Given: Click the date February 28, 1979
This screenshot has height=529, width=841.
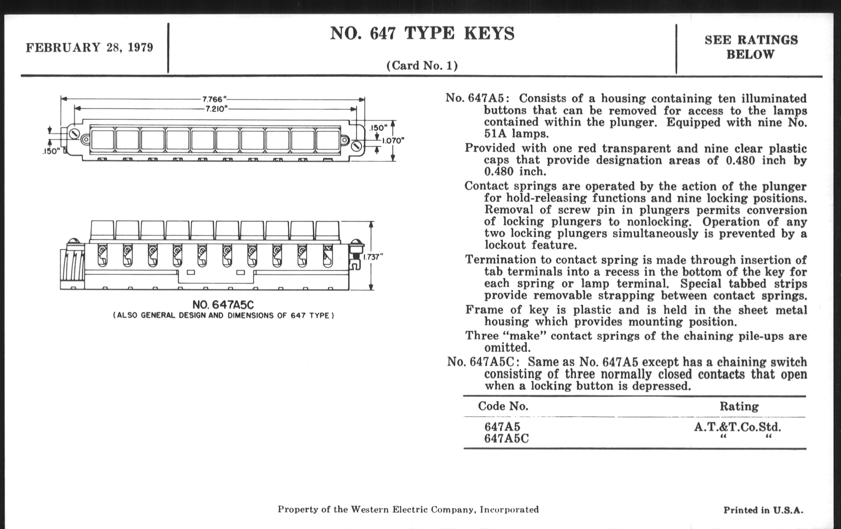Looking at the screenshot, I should (x=90, y=47).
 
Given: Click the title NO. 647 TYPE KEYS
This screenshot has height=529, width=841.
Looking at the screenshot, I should (x=422, y=34).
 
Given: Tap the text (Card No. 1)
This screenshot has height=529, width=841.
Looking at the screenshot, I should (x=422, y=65).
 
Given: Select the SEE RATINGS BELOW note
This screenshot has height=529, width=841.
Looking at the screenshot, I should (x=751, y=47).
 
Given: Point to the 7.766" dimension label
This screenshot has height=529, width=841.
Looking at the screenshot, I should (x=213, y=100).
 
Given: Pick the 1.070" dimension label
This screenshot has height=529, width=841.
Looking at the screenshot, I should (x=392, y=141).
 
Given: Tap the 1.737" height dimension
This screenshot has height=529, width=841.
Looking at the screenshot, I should (x=373, y=257).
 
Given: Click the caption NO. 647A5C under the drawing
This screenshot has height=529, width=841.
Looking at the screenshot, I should (x=223, y=305).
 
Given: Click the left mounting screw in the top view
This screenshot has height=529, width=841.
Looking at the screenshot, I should (x=74, y=134).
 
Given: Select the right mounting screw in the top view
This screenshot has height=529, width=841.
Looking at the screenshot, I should (x=356, y=146).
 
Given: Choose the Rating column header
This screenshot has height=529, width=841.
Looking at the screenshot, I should (x=739, y=406).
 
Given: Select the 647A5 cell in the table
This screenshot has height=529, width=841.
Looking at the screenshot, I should (x=502, y=426).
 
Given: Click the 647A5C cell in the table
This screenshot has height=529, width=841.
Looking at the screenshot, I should (x=506, y=438).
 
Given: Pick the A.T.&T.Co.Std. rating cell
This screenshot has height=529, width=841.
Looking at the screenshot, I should (x=737, y=427).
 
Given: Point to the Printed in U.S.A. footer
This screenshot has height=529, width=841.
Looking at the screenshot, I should (x=763, y=510).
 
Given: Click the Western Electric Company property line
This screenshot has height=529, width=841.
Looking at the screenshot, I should (x=408, y=509).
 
